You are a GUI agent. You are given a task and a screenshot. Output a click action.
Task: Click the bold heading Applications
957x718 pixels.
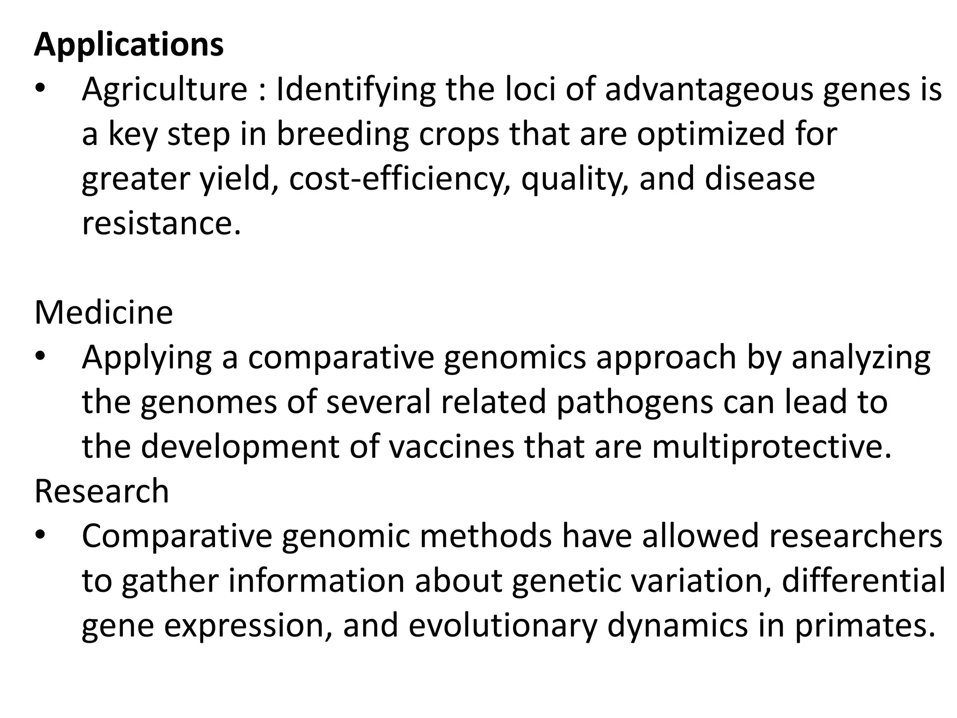[x=129, y=45]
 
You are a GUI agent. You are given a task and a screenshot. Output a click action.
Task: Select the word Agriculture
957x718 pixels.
[x=164, y=89]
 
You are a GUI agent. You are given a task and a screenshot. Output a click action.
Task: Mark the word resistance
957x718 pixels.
[x=161, y=223]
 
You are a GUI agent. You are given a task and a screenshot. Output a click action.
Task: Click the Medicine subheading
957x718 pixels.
[x=104, y=313]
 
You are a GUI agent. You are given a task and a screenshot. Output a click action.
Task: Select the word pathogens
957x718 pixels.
[x=635, y=402]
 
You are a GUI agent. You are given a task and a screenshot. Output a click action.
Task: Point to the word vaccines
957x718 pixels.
[x=451, y=447]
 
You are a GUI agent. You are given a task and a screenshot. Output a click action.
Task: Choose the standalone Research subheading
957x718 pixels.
[x=102, y=491]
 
